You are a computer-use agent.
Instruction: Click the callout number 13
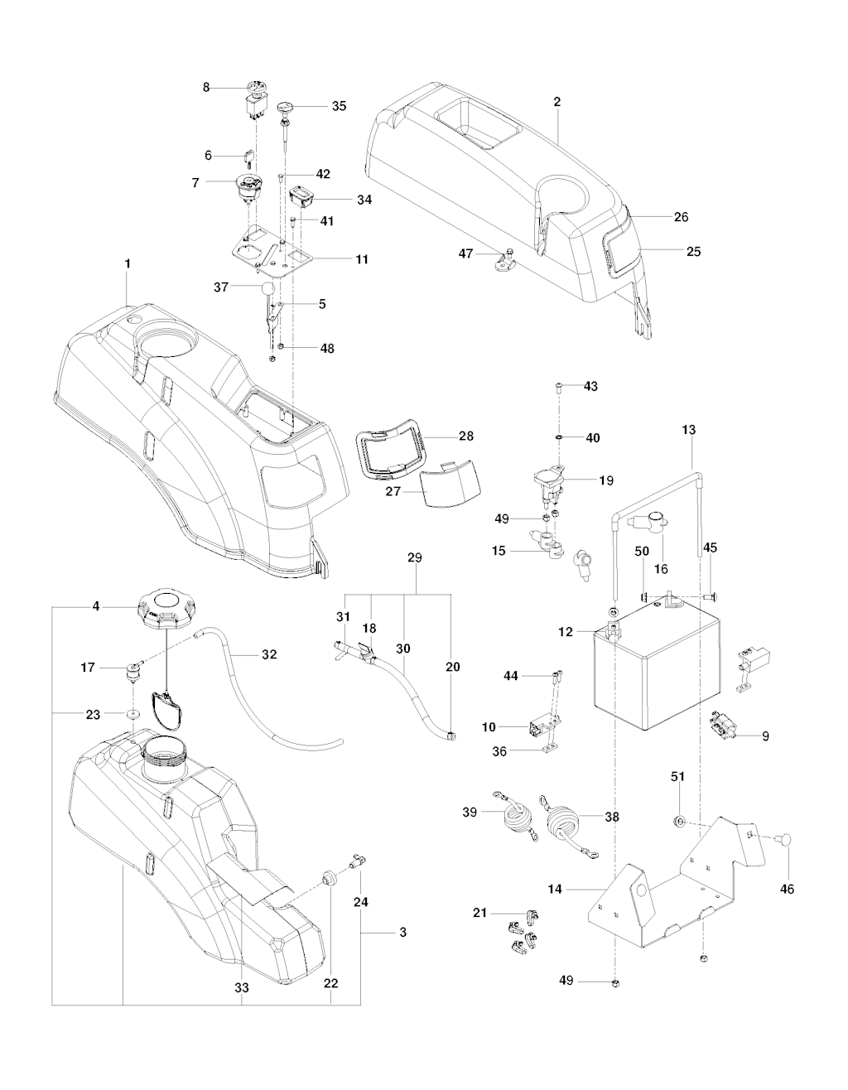pyautogui.click(x=689, y=430)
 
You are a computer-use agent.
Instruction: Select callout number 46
pyautogui.click(x=787, y=889)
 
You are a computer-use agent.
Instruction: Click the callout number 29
pyautogui.click(x=414, y=557)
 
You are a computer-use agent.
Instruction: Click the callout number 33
pyautogui.click(x=241, y=987)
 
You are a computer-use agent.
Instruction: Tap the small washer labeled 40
pyautogui.click(x=560, y=436)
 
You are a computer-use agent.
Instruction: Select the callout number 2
pyautogui.click(x=556, y=102)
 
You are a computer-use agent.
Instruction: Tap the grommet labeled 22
pyautogui.click(x=329, y=877)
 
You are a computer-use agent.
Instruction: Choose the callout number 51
pyautogui.click(x=677, y=776)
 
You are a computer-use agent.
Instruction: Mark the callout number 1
pyautogui.click(x=128, y=263)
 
